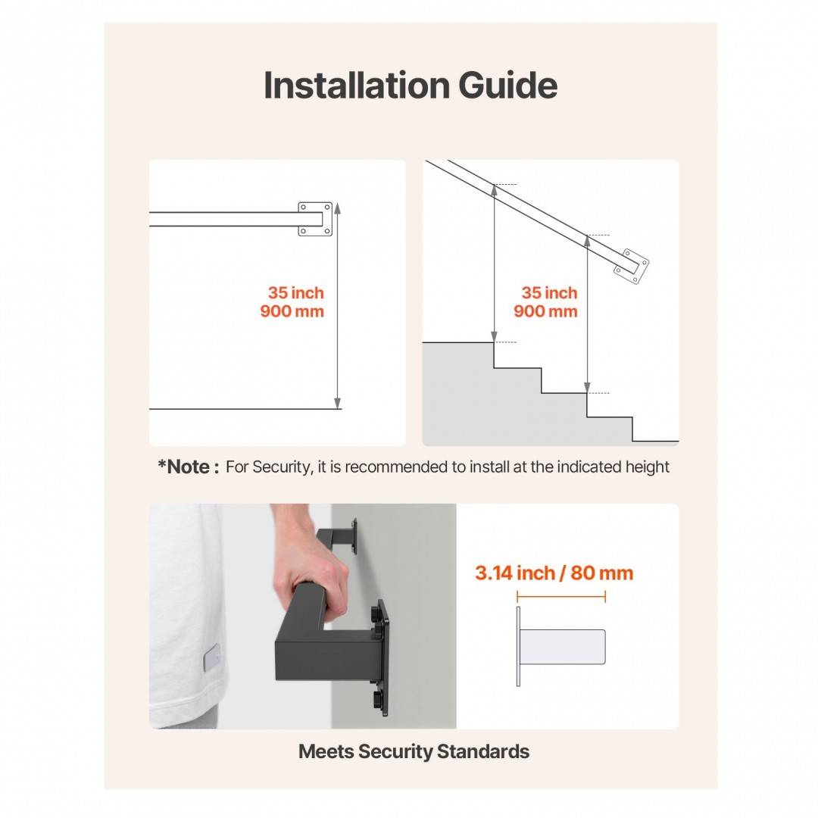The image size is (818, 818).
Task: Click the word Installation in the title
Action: [357, 85]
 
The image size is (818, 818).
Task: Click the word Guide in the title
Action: [508, 85]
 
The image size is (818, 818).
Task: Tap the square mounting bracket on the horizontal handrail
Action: [315, 219]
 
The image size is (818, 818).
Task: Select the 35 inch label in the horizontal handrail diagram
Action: [296, 292]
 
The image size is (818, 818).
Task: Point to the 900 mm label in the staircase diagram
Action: [545, 311]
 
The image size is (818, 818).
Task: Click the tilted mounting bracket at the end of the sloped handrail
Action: [631, 267]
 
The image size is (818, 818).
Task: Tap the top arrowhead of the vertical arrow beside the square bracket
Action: [338, 208]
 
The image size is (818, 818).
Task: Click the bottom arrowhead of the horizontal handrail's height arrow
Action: [338, 403]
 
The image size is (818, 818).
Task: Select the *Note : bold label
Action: [189, 467]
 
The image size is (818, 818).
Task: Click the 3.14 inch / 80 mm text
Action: [554, 573]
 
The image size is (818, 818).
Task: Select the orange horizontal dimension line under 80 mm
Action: [561, 596]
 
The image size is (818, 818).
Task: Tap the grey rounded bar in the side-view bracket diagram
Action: [563, 647]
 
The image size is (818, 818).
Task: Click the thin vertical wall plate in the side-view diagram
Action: [518, 646]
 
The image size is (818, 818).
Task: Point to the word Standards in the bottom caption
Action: [483, 752]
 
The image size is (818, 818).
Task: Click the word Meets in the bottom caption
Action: [326, 752]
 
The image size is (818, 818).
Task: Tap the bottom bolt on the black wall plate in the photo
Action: [376, 699]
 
